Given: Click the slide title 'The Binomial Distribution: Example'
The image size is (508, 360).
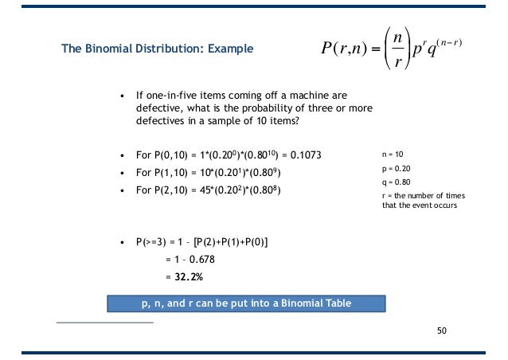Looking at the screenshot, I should (x=158, y=49).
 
